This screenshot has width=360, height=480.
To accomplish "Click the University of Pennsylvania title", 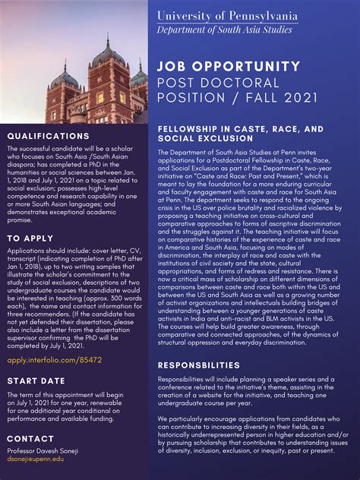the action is coord(227,15).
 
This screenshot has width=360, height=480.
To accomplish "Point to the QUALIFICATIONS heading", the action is coord(48,136).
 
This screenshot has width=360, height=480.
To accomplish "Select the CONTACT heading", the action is coord(30,439).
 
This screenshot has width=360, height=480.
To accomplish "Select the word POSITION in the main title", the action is coord(191,99).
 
